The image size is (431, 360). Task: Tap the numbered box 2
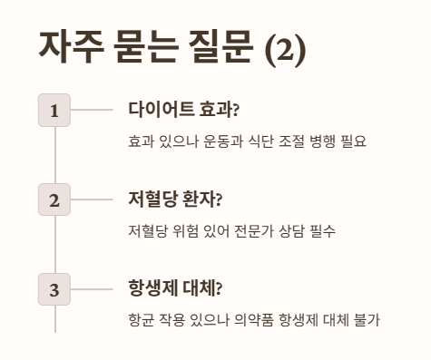point(54,199)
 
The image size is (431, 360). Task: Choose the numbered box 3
point(54,289)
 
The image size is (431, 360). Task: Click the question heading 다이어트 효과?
point(183,110)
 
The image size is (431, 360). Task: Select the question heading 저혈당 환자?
point(175,199)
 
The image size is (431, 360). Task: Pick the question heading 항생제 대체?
point(175,289)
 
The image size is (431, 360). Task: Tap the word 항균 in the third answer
point(141,321)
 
